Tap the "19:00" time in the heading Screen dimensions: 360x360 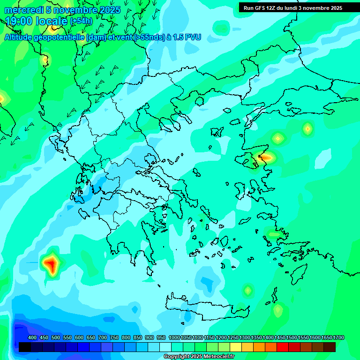click(x=19, y=21)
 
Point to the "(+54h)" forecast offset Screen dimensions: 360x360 click(x=81, y=21)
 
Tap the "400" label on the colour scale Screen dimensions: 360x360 click(x=32, y=338)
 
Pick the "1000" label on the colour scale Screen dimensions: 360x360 click(x=174, y=338)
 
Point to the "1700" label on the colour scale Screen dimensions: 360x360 click(x=338, y=338)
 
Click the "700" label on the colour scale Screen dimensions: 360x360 click(x=103, y=338)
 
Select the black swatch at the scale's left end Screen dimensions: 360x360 click(x=25, y=347)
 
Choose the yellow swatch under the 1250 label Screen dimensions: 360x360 click(x=236, y=347)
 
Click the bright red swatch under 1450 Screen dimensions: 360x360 click(x=283, y=347)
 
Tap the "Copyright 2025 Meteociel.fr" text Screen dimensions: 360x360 click(x=199, y=356)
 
